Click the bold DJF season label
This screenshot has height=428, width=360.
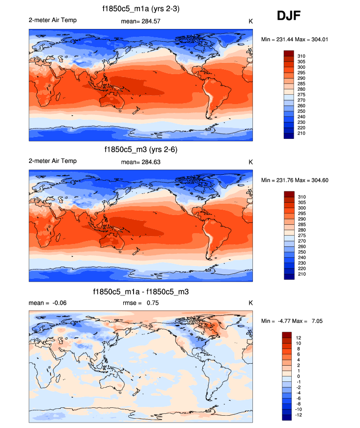coord(289,16)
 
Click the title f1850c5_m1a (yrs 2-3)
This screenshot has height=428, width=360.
coord(140,9)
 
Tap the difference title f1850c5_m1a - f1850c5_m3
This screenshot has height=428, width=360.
coord(140,292)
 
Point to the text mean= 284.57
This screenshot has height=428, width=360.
coord(140,21)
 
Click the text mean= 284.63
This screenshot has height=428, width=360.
coord(140,161)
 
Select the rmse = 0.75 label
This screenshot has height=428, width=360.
coord(140,303)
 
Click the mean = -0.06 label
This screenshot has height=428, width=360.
coord(48,303)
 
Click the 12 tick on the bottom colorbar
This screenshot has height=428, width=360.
coord(299,338)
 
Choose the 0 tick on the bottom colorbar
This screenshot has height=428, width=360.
coord(298,376)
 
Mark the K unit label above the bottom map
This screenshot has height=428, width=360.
coord(250,303)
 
